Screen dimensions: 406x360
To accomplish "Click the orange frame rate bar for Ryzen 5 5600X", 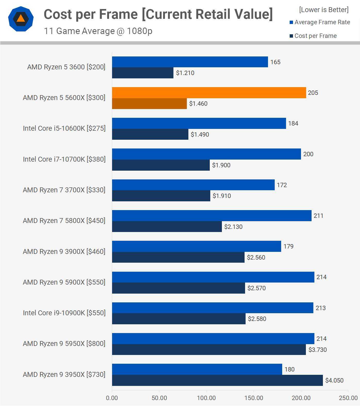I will (x=209, y=93).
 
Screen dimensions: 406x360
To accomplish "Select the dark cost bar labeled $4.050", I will (x=217, y=380).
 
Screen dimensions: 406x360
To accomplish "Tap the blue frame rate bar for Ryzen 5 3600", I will (x=190, y=62).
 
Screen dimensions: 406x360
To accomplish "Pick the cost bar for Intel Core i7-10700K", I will (x=161, y=165).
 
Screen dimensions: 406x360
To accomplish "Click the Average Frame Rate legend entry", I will (x=320, y=22).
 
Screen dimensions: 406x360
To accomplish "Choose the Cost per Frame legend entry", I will (x=313, y=36).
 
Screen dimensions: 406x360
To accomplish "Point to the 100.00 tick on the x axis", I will (x=206, y=398).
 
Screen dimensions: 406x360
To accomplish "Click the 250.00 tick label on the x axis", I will (x=348, y=398).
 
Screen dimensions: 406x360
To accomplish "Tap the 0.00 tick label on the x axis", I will (x=112, y=398).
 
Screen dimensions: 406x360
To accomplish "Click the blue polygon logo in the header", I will (x=21, y=19).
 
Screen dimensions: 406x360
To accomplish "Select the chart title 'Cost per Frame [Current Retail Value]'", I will (x=158, y=14).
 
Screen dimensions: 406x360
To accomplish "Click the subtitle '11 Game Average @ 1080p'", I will (x=98, y=31).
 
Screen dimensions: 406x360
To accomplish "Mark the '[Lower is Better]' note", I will (x=324, y=10).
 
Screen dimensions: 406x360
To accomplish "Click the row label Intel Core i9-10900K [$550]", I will (x=64, y=313).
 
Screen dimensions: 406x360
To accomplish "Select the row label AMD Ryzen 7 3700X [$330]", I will (x=64, y=190).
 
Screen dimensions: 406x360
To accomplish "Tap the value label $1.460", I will (x=198, y=104).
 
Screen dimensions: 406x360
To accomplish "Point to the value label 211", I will (x=318, y=216).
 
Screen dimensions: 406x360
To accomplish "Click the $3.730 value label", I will (x=317, y=350).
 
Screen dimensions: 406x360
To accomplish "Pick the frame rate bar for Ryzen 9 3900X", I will (x=196, y=246).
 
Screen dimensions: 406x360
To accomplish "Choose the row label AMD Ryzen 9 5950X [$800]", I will (x=64, y=344).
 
